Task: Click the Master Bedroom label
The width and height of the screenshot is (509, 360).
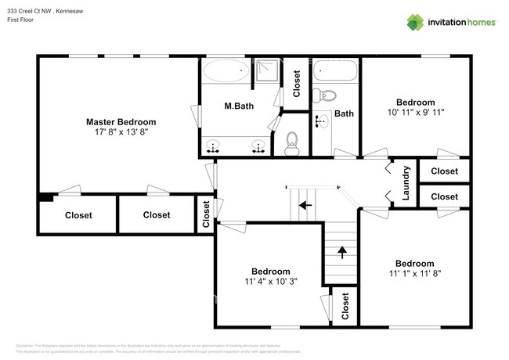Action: [121, 122]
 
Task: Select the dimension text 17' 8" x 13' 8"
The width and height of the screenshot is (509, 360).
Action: [121, 133]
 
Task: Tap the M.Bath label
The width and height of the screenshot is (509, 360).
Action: [236, 106]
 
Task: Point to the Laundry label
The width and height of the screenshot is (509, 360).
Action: [406, 182]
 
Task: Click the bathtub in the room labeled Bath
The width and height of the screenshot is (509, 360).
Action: [336, 71]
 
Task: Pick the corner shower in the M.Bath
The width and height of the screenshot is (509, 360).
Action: [268, 70]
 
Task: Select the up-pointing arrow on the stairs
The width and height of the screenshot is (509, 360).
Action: [341, 252]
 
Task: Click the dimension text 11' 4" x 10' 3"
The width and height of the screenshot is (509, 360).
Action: [271, 281]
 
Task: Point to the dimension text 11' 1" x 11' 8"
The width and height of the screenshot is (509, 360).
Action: [414, 274]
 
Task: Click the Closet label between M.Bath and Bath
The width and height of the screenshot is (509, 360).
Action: [297, 84]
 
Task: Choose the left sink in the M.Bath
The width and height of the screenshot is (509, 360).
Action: [212, 146]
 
